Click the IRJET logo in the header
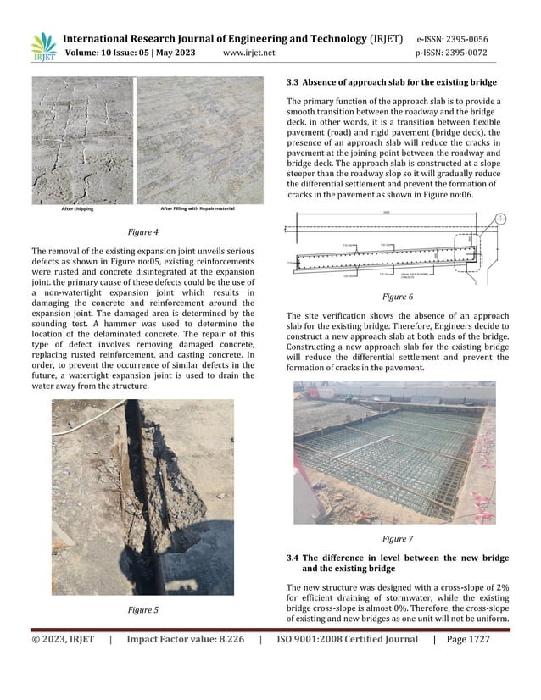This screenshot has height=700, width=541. [42, 47]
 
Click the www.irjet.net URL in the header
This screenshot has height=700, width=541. [248, 53]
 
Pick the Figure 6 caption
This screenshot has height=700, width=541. [397, 297]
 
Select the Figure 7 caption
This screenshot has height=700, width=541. [397, 538]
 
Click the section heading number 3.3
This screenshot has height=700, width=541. [294, 82]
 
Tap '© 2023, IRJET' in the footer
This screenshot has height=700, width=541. [63, 640]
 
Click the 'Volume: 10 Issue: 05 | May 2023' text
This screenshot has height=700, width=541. [131, 53]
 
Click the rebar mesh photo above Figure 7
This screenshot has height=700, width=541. [394, 453]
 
